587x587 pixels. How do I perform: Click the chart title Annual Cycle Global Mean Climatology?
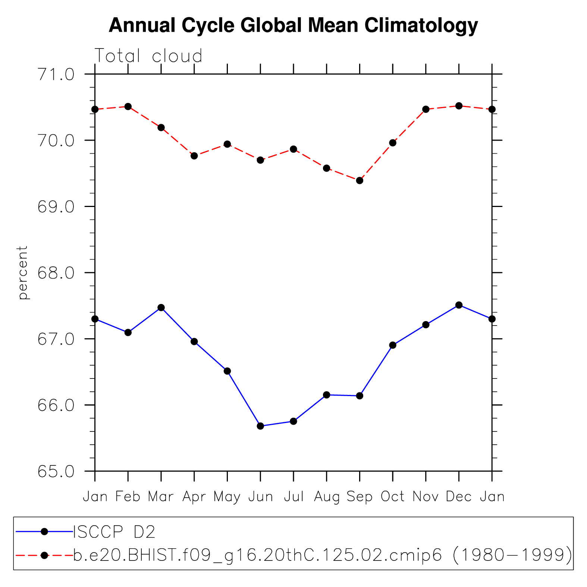point(293,25)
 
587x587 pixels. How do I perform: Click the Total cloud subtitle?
point(148,56)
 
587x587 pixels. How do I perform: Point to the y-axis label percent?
point(23,272)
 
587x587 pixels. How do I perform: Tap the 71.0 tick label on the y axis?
point(56,75)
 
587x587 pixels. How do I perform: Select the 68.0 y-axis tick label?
point(56,273)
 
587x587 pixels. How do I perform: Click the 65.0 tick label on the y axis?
point(56,471)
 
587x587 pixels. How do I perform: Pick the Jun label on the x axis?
point(260,497)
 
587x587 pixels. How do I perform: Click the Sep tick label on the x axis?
point(360,497)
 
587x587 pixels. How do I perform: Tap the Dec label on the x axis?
point(459,497)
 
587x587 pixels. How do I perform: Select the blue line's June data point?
point(260,426)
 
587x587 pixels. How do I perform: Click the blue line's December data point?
point(459,305)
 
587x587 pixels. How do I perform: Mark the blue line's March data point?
point(161,308)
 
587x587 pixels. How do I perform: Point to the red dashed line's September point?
point(360,181)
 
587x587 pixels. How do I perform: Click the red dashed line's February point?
point(128,107)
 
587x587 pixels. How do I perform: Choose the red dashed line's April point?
point(194,156)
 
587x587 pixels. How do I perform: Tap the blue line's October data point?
point(393,345)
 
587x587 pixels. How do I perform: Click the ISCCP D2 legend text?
point(114,532)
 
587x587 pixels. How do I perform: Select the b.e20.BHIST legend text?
point(322,555)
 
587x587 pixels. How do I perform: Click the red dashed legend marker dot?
point(44,555)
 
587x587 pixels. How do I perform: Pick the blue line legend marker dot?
point(44,532)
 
